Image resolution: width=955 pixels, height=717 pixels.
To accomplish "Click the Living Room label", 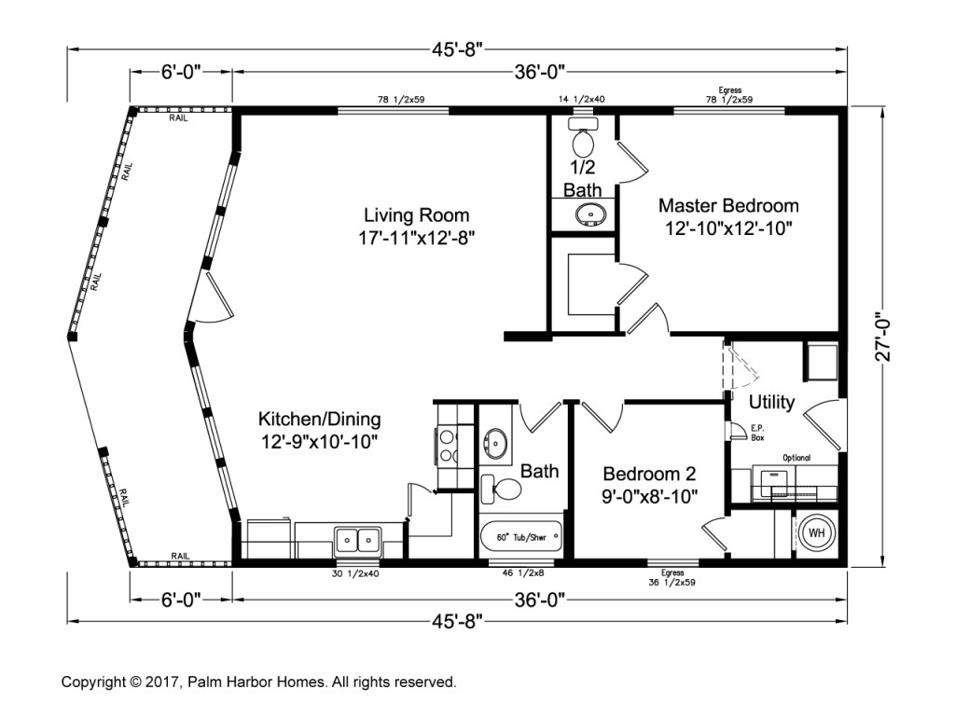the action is [417, 214].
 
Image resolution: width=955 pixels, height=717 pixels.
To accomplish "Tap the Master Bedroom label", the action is [728, 205].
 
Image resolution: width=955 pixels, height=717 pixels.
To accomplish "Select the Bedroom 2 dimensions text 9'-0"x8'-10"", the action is [650, 497].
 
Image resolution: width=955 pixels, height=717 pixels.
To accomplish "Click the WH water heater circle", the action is [816, 533].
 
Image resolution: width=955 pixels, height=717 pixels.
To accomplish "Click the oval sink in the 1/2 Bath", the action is [589, 214].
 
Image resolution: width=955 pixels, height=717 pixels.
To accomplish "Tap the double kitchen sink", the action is [357, 541].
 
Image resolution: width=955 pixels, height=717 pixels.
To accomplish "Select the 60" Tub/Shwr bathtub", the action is [521, 537].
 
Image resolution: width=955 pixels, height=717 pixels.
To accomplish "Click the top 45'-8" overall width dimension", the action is [457, 49].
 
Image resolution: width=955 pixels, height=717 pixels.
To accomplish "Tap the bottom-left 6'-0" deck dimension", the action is [181, 600].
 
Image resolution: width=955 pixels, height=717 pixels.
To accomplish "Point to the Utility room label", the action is [771, 402].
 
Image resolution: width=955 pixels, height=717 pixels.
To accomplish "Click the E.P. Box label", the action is [757, 432].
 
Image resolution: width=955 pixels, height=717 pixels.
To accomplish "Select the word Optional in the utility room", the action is [796, 458].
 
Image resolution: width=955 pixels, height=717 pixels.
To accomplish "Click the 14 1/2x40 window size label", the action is [582, 99].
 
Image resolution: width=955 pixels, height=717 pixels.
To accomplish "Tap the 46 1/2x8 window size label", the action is [522, 572].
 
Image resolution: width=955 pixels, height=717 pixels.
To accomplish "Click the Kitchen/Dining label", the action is [320, 419].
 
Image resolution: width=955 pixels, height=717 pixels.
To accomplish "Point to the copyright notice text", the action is [259, 682].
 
